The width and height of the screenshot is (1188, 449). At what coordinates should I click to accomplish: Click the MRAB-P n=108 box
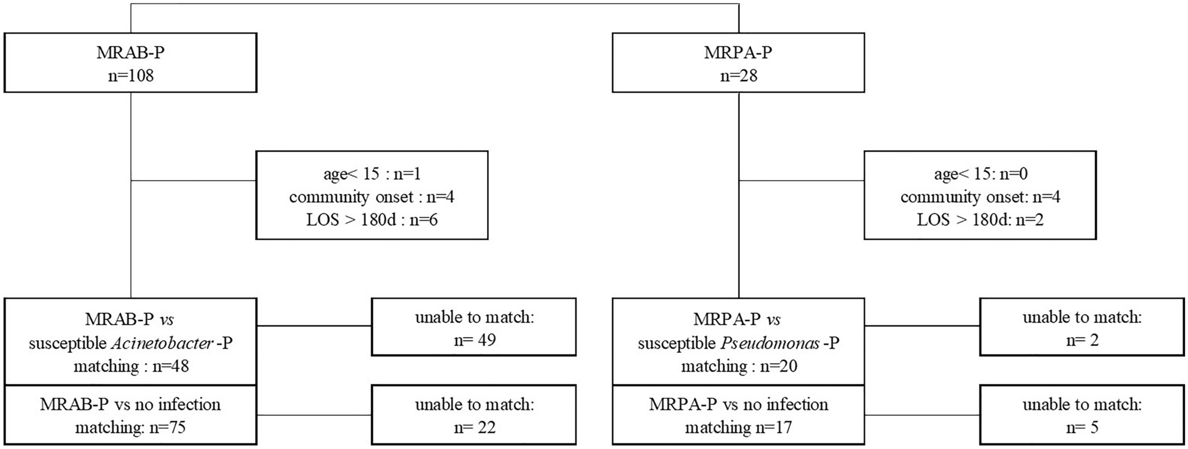pos(130,63)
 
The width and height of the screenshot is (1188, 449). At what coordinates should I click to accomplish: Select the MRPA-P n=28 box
pos(738,63)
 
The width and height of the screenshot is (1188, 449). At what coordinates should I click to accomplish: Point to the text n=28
pos(738,76)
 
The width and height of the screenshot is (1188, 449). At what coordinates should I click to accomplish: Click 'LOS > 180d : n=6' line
pos(372,220)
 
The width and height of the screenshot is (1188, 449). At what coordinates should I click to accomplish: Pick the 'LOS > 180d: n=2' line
pos(980,220)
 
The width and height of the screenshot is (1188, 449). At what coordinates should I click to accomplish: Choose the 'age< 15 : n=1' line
pos(372,174)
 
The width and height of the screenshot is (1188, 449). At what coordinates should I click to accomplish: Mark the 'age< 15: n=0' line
pos(980,174)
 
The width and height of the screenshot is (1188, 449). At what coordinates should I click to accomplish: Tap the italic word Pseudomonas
pos(770,343)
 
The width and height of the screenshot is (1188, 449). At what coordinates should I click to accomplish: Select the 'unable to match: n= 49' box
pos(474,327)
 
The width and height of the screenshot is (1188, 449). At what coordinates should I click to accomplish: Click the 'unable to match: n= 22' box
pos(474,415)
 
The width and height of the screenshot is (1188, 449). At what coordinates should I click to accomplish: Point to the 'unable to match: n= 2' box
pos(1081,327)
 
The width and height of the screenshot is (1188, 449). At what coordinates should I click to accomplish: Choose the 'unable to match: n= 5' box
pos(1081,415)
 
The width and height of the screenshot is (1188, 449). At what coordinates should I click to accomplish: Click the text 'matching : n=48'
pos(131,366)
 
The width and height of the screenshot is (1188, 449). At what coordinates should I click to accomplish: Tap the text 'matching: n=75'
pos(130,427)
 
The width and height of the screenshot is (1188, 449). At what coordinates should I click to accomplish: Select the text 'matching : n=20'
pos(739,366)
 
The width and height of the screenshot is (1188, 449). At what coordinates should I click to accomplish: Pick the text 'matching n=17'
pos(738,427)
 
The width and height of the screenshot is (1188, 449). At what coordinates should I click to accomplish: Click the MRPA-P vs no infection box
pos(738,415)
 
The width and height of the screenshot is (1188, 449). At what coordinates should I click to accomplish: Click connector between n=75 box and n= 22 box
pos(314,415)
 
